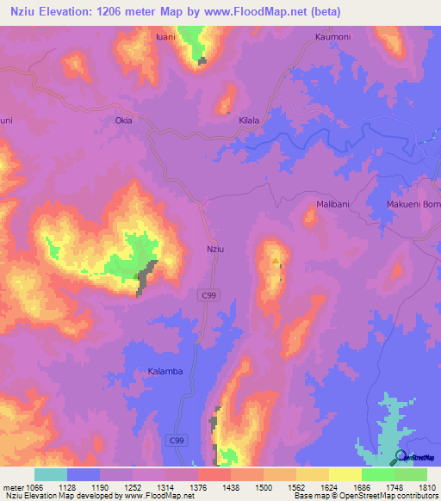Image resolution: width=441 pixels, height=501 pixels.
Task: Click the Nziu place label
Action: click(x=215, y=249)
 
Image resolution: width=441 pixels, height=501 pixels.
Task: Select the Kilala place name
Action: click(x=249, y=121)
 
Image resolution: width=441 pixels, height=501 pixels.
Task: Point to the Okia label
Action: click(x=124, y=121)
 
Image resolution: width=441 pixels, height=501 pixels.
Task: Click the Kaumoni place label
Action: click(x=332, y=37)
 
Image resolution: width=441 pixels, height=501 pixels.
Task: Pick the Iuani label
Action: click(x=165, y=37)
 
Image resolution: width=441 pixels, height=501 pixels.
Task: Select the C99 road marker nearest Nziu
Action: click(x=200, y=295)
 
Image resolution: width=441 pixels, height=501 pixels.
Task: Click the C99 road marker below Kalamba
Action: click(x=177, y=440)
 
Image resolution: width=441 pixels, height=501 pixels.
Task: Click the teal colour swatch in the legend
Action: click(x=51, y=474)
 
